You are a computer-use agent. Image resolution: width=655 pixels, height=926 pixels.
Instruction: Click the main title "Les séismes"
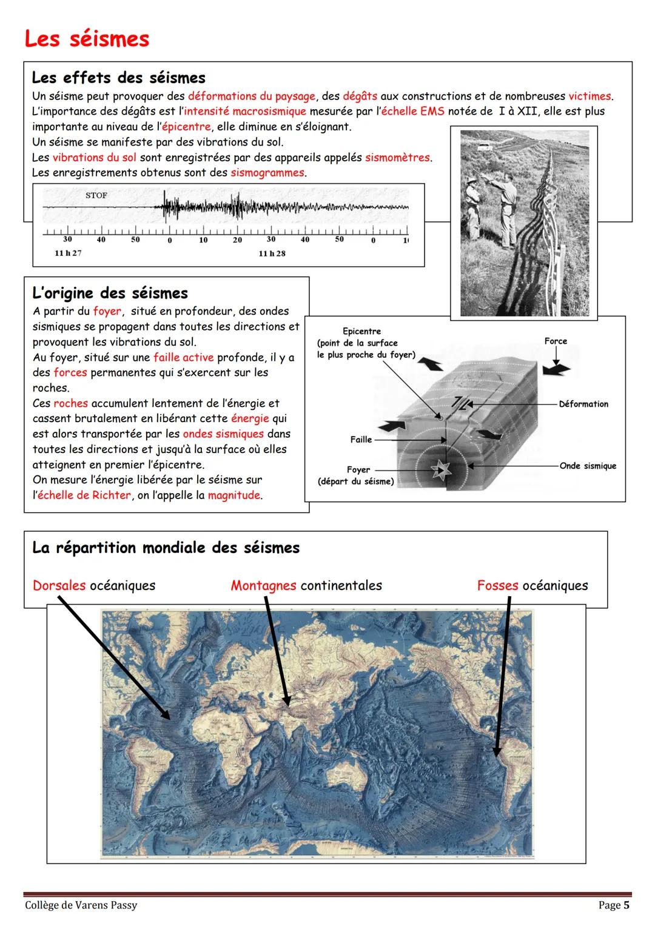tap(87, 39)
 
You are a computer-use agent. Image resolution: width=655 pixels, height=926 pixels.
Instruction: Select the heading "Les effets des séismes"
tap(118, 78)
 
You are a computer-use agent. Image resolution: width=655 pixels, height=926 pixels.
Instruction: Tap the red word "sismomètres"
tap(397, 158)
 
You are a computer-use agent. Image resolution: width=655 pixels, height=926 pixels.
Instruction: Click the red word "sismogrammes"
tap(267, 173)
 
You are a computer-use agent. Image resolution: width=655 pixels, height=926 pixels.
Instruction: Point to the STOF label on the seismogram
tap(96, 196)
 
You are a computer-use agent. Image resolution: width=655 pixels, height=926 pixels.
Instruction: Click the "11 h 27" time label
tap(68, 253)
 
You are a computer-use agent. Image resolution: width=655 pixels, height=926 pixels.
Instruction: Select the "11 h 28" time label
tap(272, 253)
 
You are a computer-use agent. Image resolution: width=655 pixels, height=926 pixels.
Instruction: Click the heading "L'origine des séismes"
tap(110, 293)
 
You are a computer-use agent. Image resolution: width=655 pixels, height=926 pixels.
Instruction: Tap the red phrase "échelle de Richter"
tap(84, 495)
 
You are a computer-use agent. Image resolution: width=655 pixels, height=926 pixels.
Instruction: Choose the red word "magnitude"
tap(233, 495)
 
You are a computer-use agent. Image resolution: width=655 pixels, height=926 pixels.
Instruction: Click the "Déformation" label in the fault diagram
tap(583, 404)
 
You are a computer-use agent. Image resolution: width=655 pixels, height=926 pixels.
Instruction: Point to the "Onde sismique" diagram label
tap(588, 466)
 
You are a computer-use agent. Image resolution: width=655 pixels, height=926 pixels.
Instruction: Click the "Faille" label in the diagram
tap(361, 439)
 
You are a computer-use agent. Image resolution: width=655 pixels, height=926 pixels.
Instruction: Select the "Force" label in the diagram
tap(556, 341)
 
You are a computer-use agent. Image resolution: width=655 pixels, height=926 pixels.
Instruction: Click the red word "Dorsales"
tap(59, 586)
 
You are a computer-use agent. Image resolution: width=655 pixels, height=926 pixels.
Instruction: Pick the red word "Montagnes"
tap(263, 586)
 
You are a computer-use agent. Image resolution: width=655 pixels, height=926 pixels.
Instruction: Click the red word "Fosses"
tap(497, 586)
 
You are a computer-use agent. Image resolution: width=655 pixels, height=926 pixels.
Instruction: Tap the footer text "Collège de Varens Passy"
tap(81, 905)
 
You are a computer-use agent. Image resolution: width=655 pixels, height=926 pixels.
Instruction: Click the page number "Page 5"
tap(614, 905)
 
